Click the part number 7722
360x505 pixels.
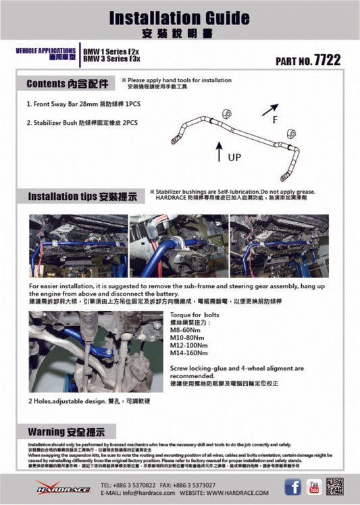pos(328,60)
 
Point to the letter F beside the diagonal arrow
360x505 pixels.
pos(274,119)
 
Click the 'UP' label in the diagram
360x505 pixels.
pos(234,157)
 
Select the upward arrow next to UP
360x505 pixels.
pos(219,151)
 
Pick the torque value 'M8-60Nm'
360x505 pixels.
pos(184,329)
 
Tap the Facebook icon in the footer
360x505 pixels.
pos(292,487)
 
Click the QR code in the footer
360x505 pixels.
pos(334,486)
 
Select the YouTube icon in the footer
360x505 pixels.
pos(314,487)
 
